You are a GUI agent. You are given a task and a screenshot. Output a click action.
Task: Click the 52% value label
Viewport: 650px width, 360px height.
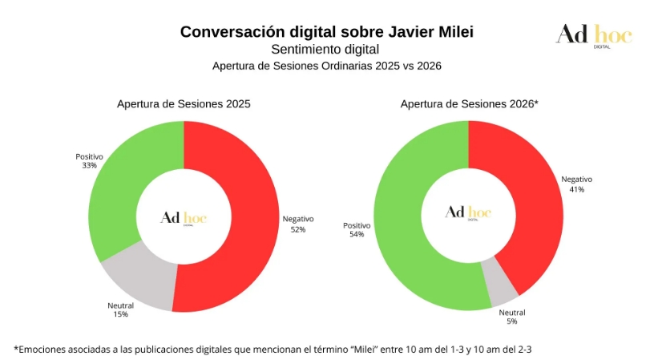pos(298,230)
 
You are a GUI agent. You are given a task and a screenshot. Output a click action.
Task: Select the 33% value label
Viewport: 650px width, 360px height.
pos(89,165)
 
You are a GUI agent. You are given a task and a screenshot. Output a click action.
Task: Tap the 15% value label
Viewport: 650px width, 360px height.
pos(120,314)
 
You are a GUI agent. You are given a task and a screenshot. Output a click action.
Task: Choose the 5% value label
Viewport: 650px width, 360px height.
pos(512,322)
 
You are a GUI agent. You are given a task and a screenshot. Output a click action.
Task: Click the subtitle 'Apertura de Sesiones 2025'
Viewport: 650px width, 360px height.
pos(184,104)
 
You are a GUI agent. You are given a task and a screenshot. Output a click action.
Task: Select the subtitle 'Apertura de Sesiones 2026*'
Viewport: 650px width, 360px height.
pos(469,104)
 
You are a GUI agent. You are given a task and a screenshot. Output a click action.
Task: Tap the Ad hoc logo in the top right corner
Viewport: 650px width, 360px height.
pos(594,34)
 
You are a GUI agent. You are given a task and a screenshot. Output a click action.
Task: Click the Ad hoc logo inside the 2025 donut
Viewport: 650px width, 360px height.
pos(184,217)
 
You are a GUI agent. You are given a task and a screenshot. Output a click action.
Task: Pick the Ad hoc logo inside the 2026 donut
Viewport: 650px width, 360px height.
pos(469,212)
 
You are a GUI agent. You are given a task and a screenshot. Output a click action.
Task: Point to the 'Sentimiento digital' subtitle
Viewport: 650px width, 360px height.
pos(325,50)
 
